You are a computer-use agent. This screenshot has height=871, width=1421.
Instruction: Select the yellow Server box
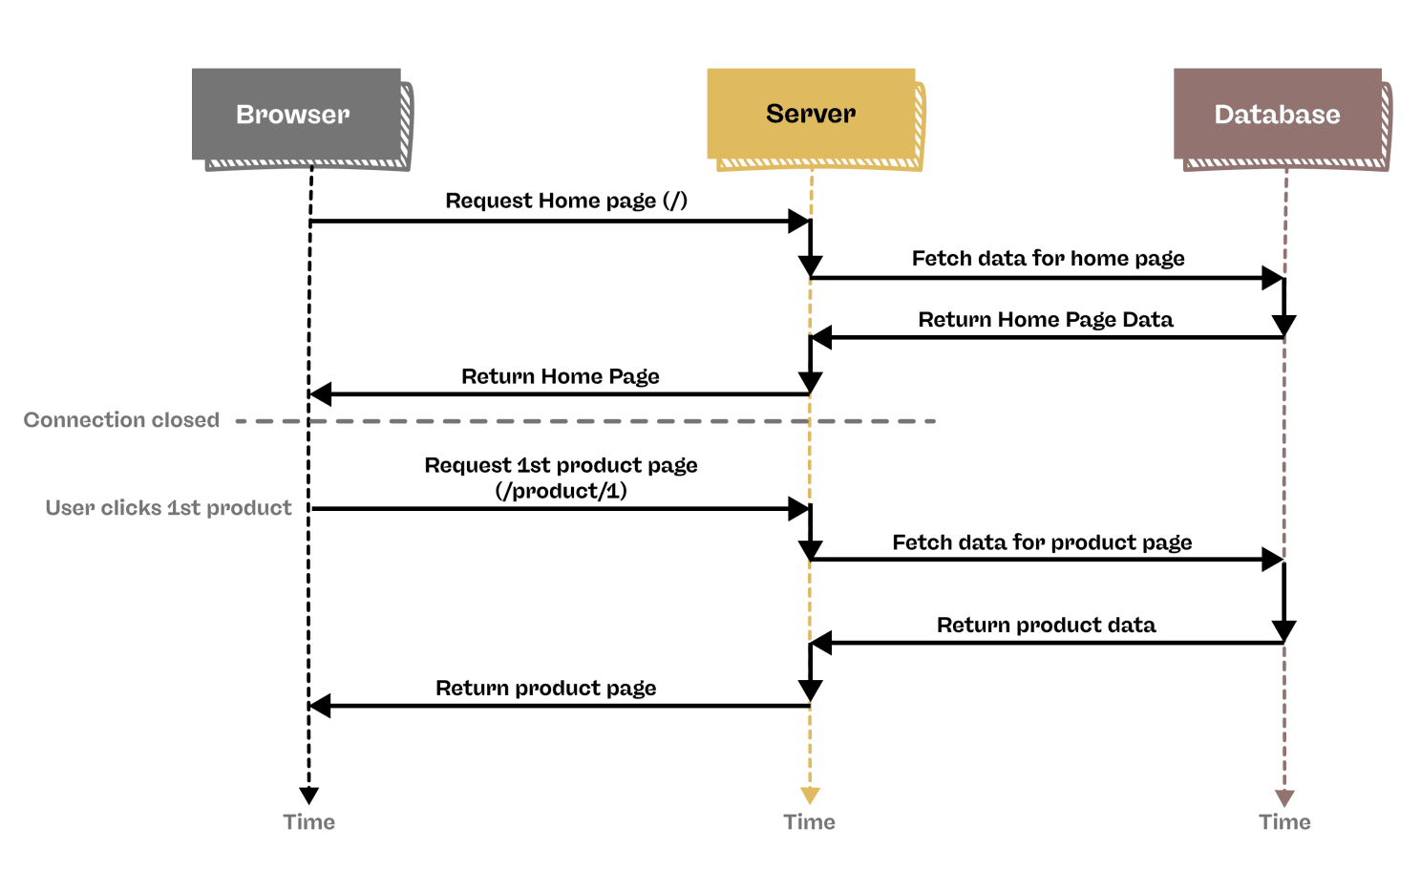point(811,114)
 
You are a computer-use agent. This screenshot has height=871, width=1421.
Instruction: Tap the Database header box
point(1277,115)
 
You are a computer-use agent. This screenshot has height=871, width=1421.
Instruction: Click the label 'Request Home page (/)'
point(566,201)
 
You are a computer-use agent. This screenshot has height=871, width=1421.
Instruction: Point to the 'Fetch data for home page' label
point(1048,258)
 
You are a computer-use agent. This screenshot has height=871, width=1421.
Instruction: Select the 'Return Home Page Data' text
point(1045,319)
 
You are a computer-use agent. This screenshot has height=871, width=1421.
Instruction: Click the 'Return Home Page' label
point(561,376)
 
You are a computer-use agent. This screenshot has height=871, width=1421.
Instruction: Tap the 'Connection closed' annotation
point(121,420)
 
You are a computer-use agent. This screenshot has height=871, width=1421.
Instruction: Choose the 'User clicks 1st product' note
point(168,508)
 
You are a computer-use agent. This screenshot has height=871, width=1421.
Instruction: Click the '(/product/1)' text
point(561,491)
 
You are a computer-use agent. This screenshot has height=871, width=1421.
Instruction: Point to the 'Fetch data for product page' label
point(1042,542)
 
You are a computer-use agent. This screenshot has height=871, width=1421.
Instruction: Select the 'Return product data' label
point(1046,625)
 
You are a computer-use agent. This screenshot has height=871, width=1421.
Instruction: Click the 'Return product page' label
point(545,688)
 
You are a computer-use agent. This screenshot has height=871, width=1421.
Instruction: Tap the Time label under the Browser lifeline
point(308,822)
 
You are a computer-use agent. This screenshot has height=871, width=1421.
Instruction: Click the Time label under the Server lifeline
point(809,822)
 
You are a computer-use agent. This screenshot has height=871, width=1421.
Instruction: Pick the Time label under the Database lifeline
point(1284,822)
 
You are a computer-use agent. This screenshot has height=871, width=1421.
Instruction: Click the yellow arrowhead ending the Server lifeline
point(810,796)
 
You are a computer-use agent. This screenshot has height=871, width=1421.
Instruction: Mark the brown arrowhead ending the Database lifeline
point(1284,797)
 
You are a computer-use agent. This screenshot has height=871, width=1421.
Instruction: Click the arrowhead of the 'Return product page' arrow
point(320,706)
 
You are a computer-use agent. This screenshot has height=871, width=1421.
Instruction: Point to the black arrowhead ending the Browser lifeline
point(308,796)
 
